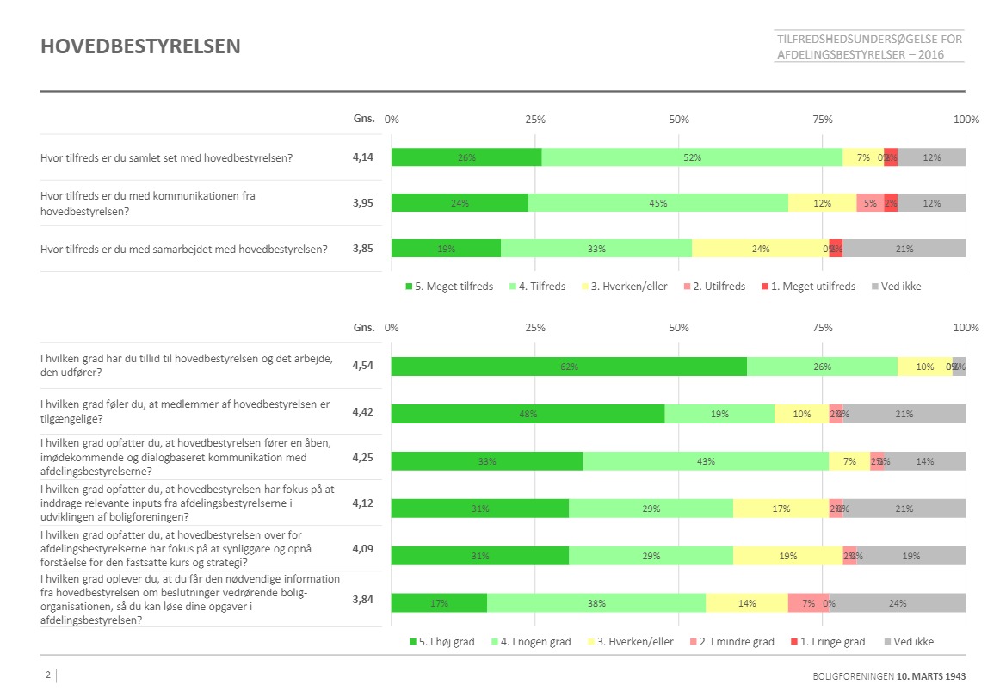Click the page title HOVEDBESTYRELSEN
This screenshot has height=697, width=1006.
pyautogui.click(x=140, y=46)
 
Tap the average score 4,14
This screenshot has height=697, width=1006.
pyautogui.click(x=364, y=157)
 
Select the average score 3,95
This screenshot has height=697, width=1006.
pyautogui.click(x=364, y=203)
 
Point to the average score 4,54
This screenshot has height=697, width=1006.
pyautogui.click(x=364, y=366)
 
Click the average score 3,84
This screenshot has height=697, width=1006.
pyautogui.click(x=364, y=600)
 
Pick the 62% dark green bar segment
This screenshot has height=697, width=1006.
pyautogui.click(x=569, y=367)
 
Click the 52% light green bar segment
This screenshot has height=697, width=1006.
pyautogui.click(x=692, y=157)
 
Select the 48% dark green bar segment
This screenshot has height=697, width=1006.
pyautogui.click(x=528, y=414)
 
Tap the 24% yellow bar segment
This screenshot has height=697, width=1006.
pyautogui.click(x=760, y=249)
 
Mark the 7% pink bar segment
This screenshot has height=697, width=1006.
pyautogui.click(x=808, y=603)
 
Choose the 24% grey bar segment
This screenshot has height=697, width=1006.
pyautogui.click(x=897, y=603)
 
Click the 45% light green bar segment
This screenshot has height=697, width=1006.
pyautogui.click(x=658, y=203)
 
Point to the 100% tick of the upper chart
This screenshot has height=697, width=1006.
pyautogui.click(x=966, y=120)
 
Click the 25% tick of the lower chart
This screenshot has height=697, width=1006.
pyautogui.click(x=535, y=328)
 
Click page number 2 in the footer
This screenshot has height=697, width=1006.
pyautogui.click(x=48, y=675)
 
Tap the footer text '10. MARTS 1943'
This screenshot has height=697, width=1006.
pyautogui.click(x=931, y=676)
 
